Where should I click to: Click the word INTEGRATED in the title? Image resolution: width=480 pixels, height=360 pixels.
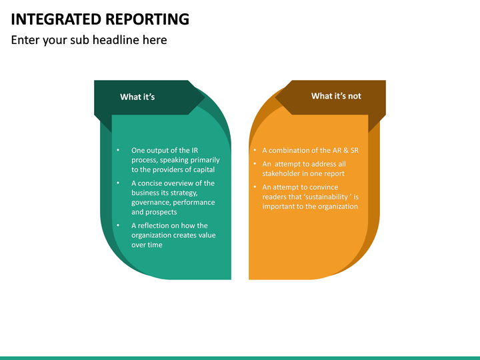click(x=54, y=19)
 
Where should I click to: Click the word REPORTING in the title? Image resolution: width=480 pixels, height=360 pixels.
click(x=145, y=19)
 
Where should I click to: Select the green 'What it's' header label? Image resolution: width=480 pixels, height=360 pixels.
click(x=137, y=97)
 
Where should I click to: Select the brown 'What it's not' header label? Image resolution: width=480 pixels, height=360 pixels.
click(x=336, y=96)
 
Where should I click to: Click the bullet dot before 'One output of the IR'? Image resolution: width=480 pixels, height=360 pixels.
click(x=118, y=151)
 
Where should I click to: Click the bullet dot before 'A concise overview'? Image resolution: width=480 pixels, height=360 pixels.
click(x=118, y=183)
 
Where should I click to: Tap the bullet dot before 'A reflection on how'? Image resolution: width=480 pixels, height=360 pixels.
click(x=118, y=225)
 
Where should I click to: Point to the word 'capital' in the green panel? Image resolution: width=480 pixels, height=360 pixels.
click(x=201, y=169)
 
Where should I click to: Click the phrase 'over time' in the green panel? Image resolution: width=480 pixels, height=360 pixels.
click(x=147, y=245)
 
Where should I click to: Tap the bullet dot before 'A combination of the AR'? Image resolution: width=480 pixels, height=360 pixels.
click(x=255, y=151)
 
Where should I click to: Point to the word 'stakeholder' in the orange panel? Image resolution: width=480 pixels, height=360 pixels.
click(x=282, y=174)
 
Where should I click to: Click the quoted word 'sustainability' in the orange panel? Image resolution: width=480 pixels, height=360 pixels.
click(x=326, y=197)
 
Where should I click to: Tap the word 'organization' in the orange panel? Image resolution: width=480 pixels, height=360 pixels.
click(x=337, y=207)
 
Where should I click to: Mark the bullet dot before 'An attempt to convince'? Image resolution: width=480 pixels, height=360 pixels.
click(x=255, y=187)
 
